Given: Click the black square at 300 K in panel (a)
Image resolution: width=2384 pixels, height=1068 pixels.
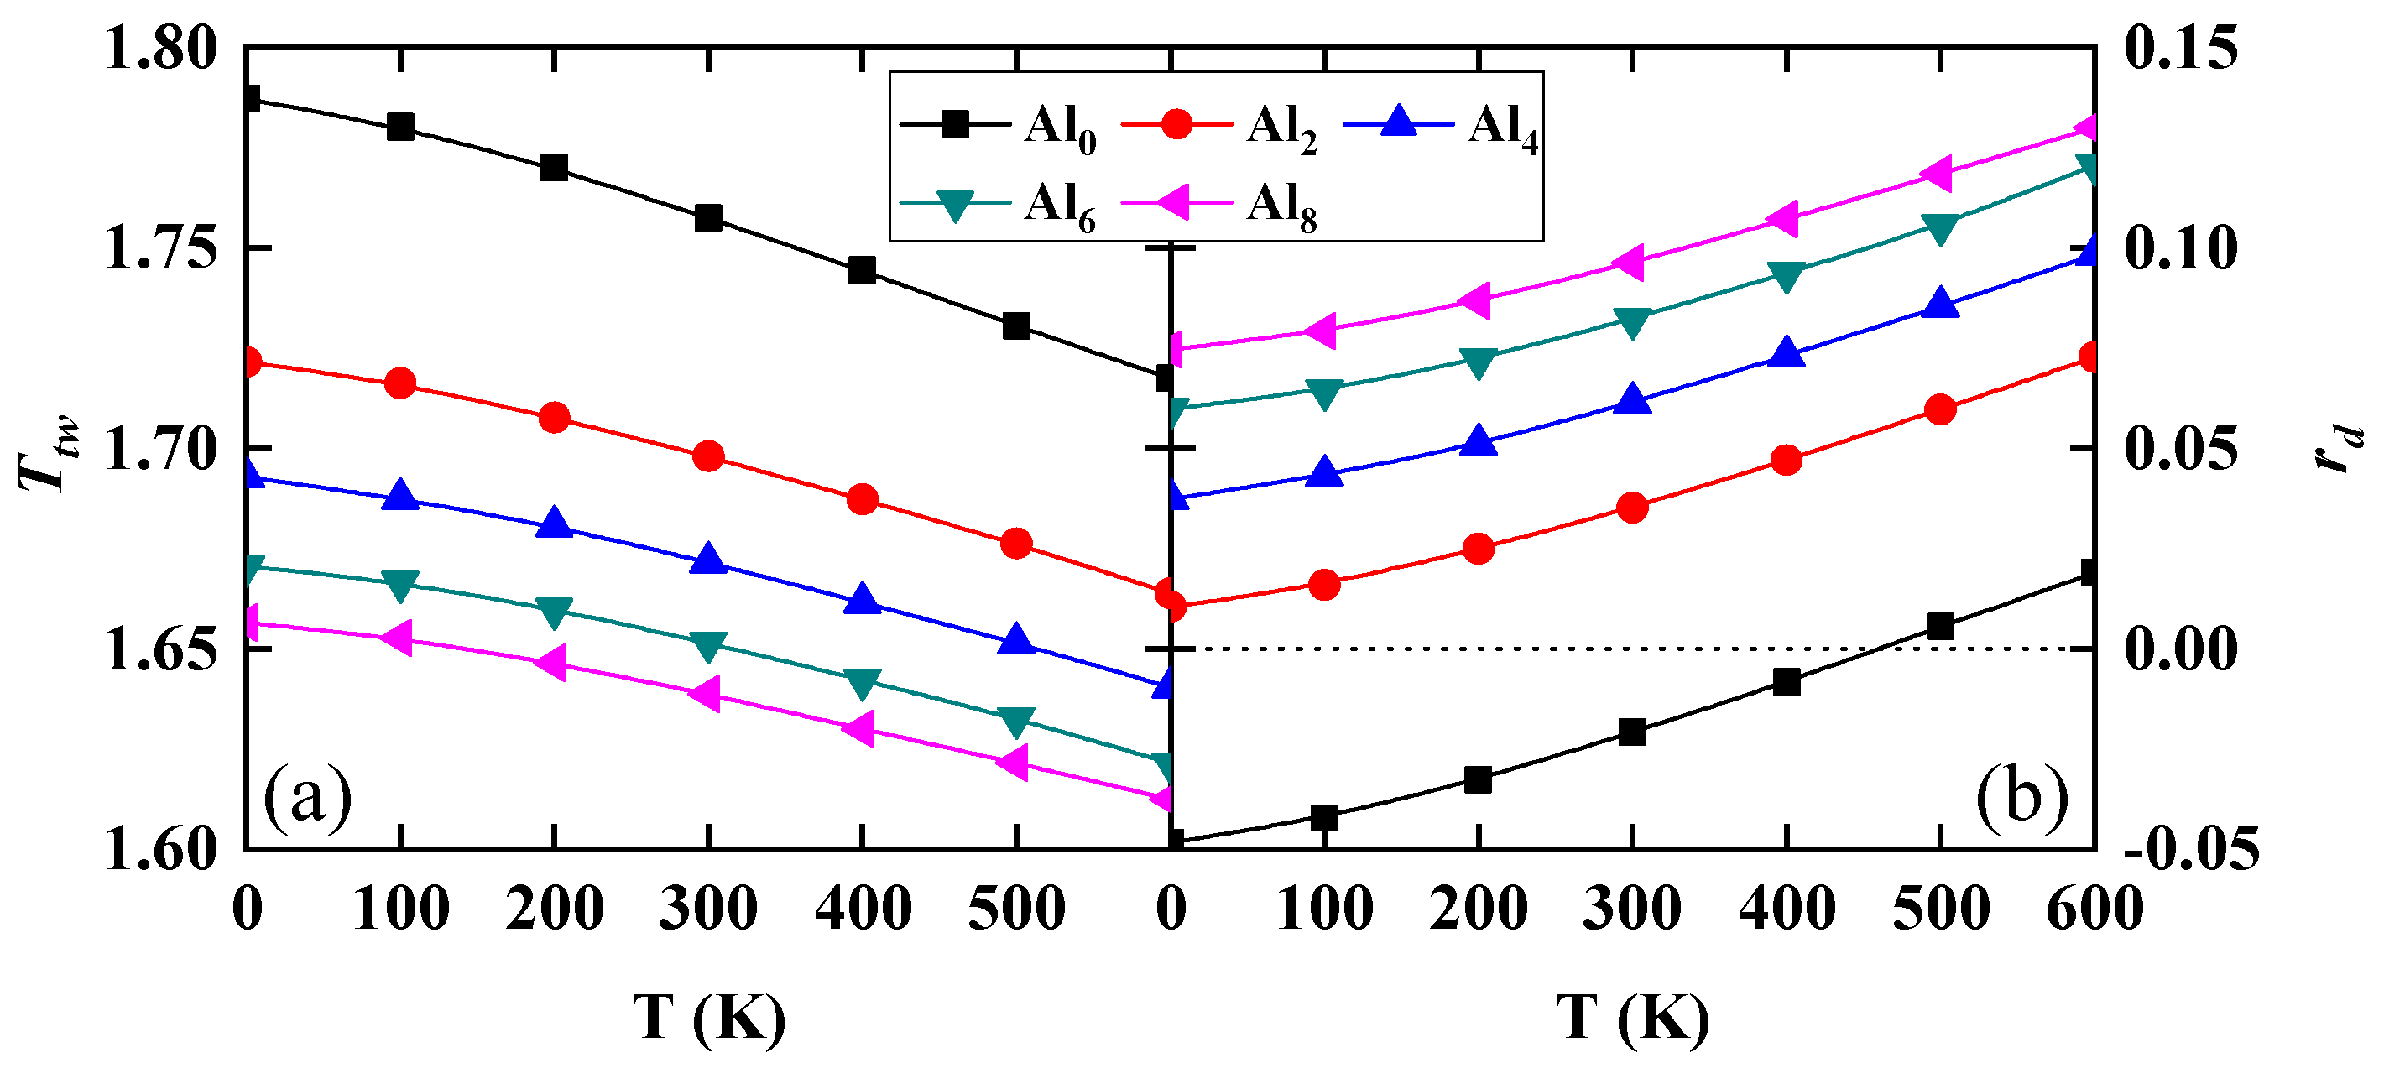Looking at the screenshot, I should pyautogui.click(x=708, y=218).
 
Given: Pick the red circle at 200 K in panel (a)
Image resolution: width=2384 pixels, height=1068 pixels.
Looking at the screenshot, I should pyautogui.click(x=555, y=418).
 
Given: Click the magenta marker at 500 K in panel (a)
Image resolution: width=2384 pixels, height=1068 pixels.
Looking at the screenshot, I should pyautogui.click(x=1015, y=763).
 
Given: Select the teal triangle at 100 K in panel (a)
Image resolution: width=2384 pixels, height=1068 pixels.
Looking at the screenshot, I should pyautogui.click(x=399, y=585).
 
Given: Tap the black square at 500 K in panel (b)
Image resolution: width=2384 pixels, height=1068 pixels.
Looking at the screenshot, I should pyautogui.click(x=1941, y=626).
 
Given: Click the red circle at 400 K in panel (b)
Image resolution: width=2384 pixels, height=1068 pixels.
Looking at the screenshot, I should pyautogui.click(x=1787, y=460).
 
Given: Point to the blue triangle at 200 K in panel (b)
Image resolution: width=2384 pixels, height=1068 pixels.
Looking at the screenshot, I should pyautogui.click(x=1479, y=441).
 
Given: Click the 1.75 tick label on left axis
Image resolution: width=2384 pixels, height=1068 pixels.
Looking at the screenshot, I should pyautogui.click(x=160, y=248).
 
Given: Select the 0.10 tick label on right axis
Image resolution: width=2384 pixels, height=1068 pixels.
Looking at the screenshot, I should pyautogui.click(x=2180, y=248).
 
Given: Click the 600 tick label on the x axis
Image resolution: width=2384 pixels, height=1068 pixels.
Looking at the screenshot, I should pyautogui.click(x=2094, y=909).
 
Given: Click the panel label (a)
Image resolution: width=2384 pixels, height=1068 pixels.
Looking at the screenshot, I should pyautogui.click(x=307, y=798).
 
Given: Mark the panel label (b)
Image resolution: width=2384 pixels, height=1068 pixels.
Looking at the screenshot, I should pyautogui.click(x=2021, y=798).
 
